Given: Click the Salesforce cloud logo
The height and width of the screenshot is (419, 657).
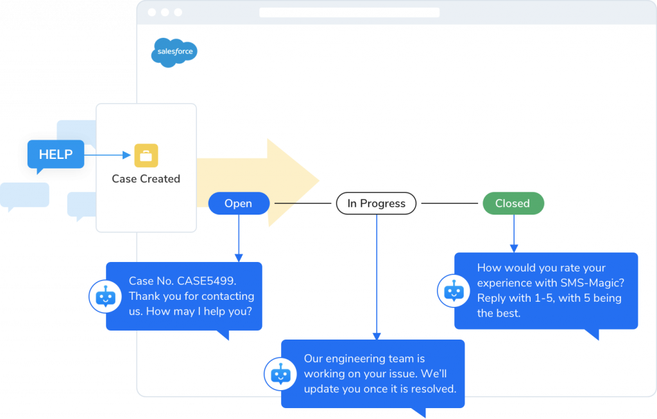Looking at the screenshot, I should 174,52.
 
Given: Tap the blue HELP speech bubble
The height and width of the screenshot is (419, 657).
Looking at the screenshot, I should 56,154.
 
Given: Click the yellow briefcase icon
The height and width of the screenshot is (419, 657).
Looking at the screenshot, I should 146,156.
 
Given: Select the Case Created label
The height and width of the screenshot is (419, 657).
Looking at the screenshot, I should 146,179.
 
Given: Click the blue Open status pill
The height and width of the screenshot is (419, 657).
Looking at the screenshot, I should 238,204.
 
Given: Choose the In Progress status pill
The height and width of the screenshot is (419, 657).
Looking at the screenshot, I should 376,204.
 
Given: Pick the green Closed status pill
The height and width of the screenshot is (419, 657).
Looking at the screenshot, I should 513,204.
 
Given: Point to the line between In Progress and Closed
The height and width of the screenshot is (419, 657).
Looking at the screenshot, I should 451,204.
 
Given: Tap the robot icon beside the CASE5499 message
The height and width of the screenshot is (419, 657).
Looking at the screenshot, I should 105,297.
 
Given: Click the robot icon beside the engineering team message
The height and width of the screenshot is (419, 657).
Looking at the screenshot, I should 280,374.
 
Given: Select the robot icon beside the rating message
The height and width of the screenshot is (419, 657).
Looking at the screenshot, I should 454,290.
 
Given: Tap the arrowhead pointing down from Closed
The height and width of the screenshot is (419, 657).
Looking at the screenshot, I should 513,248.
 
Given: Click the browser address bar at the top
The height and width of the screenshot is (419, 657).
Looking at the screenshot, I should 349,12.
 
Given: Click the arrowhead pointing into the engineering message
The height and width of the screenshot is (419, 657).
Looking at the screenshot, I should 377,336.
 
